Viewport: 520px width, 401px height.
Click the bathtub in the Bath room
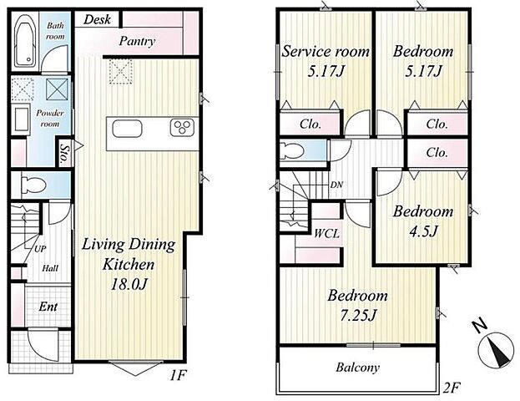click(x=26, y=41)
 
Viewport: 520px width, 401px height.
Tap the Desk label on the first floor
click(x=97, y=19)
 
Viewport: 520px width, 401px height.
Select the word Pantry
click(x=137, y=41)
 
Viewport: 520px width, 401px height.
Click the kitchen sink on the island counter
click(x=127, y=129)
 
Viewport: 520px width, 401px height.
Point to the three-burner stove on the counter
click(x=182, y=127)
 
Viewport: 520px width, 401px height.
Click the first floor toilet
click(x=33, y=185)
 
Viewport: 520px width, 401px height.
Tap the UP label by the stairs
click(x=40, y=249)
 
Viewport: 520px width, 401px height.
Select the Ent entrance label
click(x=48, y=307)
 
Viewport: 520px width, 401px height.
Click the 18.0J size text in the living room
click(x=129, y=285)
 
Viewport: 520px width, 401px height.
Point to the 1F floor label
click(x=179, y=376)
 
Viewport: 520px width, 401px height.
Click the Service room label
click(x=326, y=52)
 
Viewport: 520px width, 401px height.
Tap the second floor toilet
click(x=292, y=151)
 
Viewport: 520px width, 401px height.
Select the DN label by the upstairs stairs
click(x=336, y=185)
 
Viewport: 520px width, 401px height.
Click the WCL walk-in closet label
click(x=327, y=234)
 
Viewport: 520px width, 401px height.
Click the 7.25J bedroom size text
click(x=358, y=315)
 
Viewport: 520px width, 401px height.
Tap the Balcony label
click(x=357, y=368)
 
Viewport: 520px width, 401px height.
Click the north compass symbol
click(x=495, y=350)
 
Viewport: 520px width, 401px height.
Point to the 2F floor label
click(x=452, y=388)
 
